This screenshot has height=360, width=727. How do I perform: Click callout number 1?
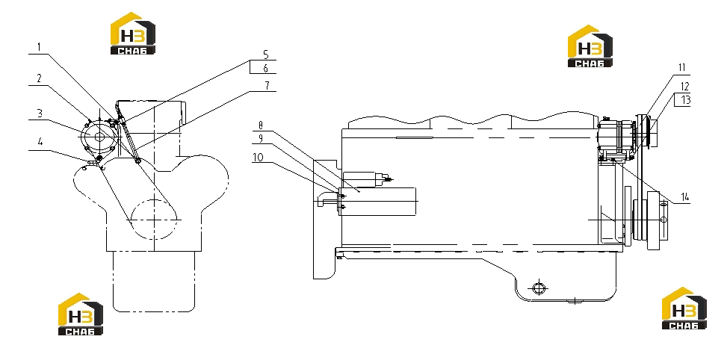coord(40,47)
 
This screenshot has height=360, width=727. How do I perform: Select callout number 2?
coord(40,78)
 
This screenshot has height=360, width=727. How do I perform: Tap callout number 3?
coord(40,113)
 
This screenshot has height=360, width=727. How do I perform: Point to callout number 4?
coord(40,142)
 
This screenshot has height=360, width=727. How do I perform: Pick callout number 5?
coord(266,55)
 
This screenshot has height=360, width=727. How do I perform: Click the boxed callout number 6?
coord(266,68)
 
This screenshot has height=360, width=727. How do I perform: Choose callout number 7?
coord(266,85)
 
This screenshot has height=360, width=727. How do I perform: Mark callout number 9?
coord(261,138)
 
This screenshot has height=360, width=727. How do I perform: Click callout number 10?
coord(258,158)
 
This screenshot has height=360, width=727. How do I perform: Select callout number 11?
coord(681,68)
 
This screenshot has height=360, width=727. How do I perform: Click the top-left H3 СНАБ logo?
coord(132,34)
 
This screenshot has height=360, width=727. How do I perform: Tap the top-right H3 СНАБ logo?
coord(590,46)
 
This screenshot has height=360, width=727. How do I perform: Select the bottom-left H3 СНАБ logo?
coord(81,314)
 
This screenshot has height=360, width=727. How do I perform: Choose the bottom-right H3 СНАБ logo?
coord(684,308)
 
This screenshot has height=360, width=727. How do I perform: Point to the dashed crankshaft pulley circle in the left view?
coord(155,219)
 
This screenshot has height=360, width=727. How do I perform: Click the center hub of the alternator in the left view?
coord(99,137)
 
